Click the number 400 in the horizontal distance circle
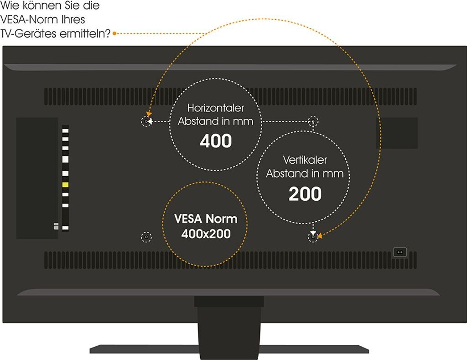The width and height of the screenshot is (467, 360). [x=216, y=141]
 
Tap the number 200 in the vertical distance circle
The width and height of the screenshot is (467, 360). [x=305, y=194]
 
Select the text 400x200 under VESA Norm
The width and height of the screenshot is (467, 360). [x=206, y=234]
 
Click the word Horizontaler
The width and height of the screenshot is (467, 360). [x=216, y=108]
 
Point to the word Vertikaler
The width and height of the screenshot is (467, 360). [x=305, y=160]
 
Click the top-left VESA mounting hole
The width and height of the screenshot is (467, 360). [x=146, y=121]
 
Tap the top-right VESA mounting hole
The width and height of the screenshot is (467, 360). [x=313, y=121]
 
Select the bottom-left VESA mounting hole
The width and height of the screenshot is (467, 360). [x=146, y=237]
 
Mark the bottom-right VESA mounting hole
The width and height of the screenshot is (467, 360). [x=313, y=237]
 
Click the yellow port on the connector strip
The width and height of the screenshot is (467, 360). [x=65, y=185]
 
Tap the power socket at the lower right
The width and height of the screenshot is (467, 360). [x=400, y=252]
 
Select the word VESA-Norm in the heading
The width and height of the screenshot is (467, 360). [x=42, y=20]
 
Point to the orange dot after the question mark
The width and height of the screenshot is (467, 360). [x=114, y=34]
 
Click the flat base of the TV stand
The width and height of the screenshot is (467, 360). [x=229, y=349]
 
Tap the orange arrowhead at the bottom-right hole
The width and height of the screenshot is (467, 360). [x=320, y=236]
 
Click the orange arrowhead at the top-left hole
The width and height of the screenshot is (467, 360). [x=149, y=114]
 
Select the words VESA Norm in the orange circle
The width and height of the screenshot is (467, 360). [x=206, y=219]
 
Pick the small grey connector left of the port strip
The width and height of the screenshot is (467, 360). [x=56, y=226]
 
